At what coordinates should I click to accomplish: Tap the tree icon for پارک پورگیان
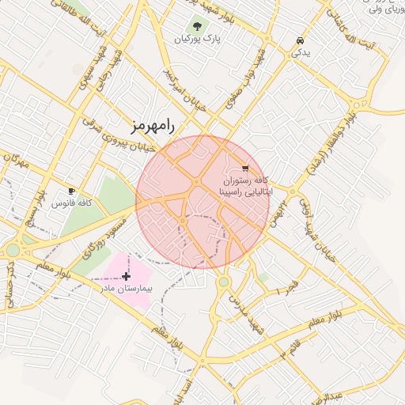coord(197,25)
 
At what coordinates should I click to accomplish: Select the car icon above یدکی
coord(300,40)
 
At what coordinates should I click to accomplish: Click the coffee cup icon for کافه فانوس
coord(72,191)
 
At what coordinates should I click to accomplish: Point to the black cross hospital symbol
coord(126,276)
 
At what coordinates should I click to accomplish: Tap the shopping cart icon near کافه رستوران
coord(245,168)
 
